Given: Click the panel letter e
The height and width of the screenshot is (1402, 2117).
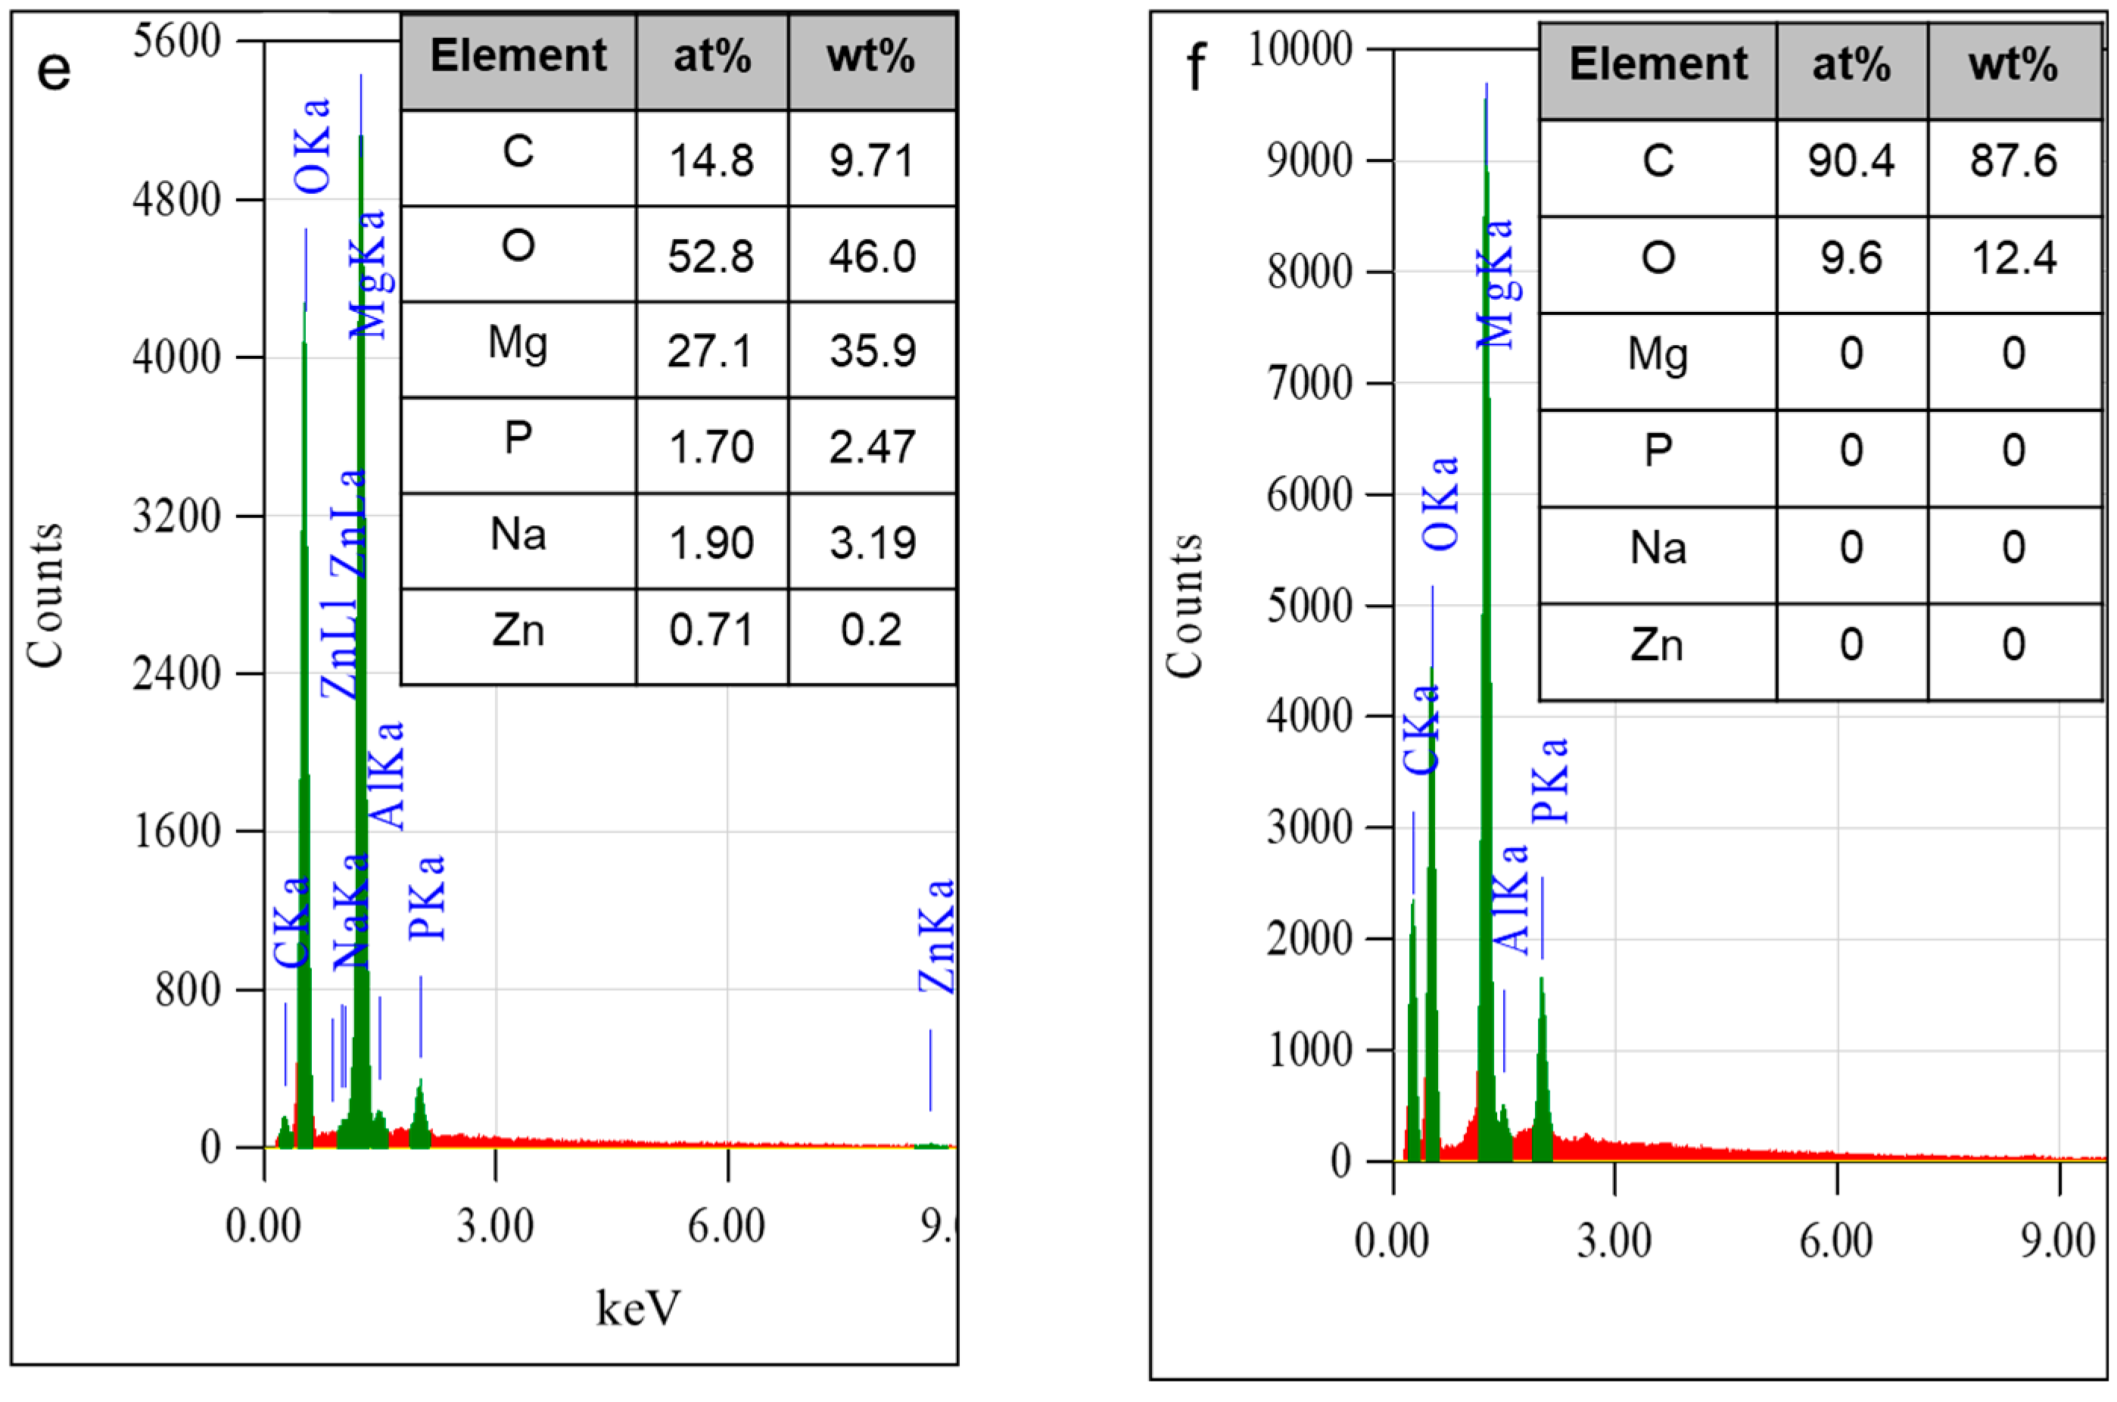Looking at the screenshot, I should (54, 70).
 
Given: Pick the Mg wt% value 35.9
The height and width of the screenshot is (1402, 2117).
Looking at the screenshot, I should (873, 350).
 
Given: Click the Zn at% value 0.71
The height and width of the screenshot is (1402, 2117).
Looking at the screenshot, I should (711, 631).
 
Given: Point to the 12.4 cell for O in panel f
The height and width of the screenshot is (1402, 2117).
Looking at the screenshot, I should (2013, 258).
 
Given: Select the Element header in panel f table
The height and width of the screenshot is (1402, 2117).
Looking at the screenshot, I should (1658, 64).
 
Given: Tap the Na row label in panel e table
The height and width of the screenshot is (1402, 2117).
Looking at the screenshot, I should (518, 534).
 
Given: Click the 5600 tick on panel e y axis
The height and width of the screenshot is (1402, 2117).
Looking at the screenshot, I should (177, 41).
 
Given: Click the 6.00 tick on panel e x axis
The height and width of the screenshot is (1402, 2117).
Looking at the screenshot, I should (726, 1226).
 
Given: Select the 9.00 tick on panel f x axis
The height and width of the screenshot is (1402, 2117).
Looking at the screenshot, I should (2058, 1241).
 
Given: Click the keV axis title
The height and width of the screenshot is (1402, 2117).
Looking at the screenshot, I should (638, 1308).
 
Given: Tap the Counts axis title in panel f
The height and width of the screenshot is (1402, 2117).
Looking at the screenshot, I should (1185, 606).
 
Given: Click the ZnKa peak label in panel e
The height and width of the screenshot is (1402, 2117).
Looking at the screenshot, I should (937, 936).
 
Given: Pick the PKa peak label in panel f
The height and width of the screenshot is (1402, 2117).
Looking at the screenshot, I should (1550, 780).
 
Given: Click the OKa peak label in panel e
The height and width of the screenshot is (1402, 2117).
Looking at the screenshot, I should (313, 147).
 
